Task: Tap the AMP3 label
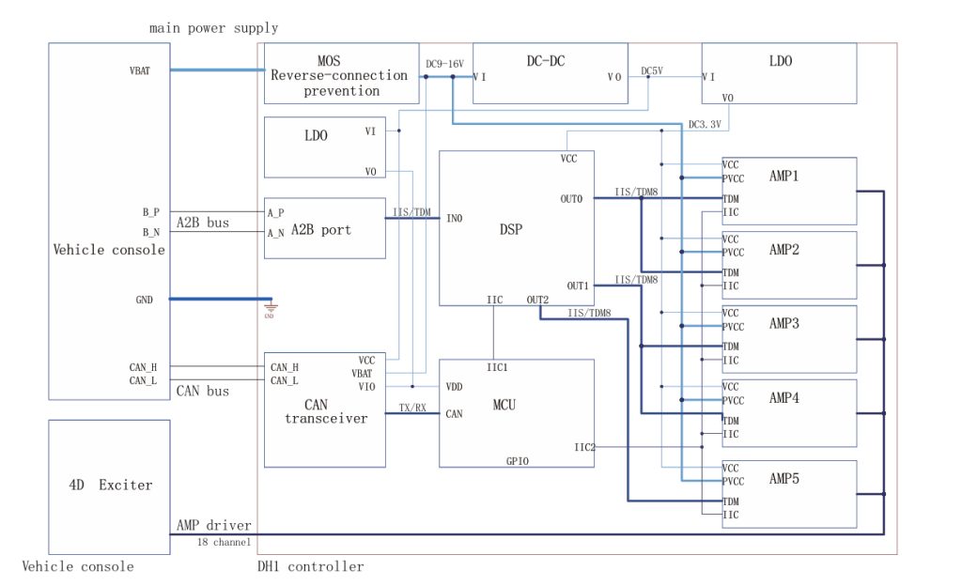784,323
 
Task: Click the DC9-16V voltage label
445,63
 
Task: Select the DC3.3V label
706,124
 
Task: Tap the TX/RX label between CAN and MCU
412,407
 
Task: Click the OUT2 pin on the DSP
537,300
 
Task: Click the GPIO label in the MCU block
518,460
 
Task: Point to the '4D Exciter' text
110,485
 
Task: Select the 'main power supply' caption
213,28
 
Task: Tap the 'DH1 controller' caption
310,566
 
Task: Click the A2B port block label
321,229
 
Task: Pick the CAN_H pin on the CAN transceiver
284,367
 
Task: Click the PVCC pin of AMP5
733,481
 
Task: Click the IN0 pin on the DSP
454,219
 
